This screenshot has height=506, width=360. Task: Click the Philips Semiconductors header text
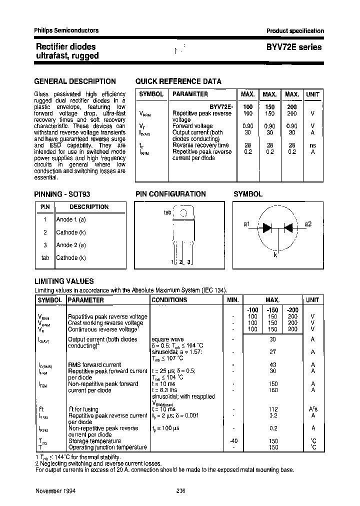tap(66, 30)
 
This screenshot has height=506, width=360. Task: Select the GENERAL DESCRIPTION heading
tap(74, 81)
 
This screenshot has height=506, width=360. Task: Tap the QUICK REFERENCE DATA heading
tap(178, 81)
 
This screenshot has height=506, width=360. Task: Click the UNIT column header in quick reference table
tap(312, 94)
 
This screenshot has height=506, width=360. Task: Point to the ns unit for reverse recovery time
tap(312, 145)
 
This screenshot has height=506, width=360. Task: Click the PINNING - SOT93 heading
tap(61, 194)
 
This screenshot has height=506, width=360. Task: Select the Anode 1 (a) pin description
tap(71, 219)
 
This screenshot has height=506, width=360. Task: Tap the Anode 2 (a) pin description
tap(71, 245)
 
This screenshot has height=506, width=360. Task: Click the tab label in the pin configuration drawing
tap(167, 212)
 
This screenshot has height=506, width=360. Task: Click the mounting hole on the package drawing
tap(183, 212)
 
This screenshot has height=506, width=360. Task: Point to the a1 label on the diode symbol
tap(246, 224)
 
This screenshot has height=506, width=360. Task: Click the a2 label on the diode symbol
tap(308, 224)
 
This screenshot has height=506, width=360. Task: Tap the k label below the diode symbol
tap(275, 254)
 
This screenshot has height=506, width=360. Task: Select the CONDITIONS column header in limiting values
tap(169, 300)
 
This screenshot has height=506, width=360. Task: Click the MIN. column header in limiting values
tap(232, 300)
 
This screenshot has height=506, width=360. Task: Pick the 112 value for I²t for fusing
tap(272, 409)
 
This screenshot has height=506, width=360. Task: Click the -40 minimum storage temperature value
tap(232, 441)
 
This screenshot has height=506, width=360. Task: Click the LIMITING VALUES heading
tap(63, 281)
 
